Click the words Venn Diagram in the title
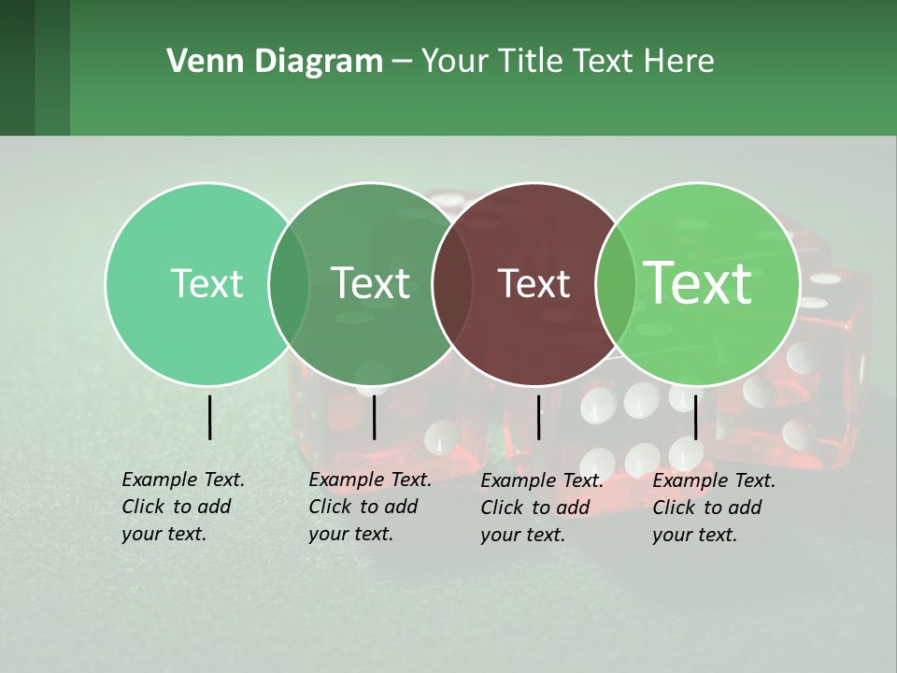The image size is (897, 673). click(275, 62)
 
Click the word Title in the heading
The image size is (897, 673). click(530, 62)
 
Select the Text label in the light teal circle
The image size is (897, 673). click(206, 283)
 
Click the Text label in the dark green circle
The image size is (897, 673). click(370, 283)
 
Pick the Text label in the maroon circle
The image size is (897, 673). click(534, 283)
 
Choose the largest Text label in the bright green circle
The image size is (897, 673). click(698, 283)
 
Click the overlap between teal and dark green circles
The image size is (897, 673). click(289, 284)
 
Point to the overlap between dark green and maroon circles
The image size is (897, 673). click(452, 284)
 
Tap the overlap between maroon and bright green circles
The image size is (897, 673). click(616, 284)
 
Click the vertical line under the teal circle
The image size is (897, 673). click(209, 417)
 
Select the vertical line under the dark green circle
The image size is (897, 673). click(374, 417)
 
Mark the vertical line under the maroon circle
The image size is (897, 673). click(538, 417)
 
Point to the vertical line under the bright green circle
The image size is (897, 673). click(696, 417)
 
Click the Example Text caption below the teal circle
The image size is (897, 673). click(182, 507)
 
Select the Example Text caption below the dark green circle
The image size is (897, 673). click(369, 507)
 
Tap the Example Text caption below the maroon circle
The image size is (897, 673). click(541, 508)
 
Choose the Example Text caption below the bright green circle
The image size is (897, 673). click(713, 508)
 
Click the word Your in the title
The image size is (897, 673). click(455, 62)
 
